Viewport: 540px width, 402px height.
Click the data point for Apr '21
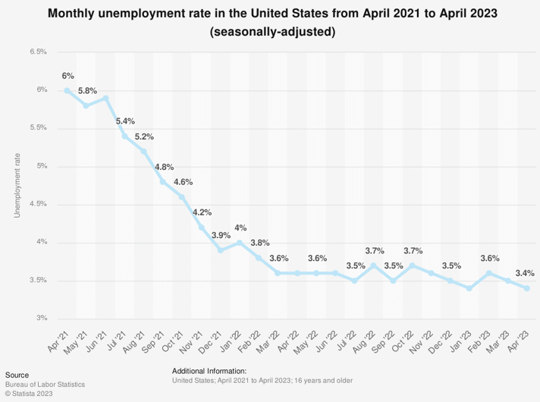[x=67, y=90]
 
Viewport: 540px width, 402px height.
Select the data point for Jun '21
[x=105, y=98]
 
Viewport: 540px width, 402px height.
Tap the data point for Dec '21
[x=221, y=250]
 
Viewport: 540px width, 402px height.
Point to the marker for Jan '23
[x=469, y=288]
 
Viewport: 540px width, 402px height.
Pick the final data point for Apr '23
[x=527, y=288]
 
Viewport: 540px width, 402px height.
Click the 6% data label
[x=68, y=76]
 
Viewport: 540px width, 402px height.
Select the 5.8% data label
[x=87, y=91]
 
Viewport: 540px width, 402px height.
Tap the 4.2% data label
[x=202, y=212]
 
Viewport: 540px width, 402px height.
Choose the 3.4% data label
[x=525, y=273]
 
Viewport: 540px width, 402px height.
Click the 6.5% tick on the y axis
[x=38, y=52]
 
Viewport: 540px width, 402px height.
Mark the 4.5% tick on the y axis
[x=38, y=204]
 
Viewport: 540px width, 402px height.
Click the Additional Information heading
[x=209, y=370]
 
